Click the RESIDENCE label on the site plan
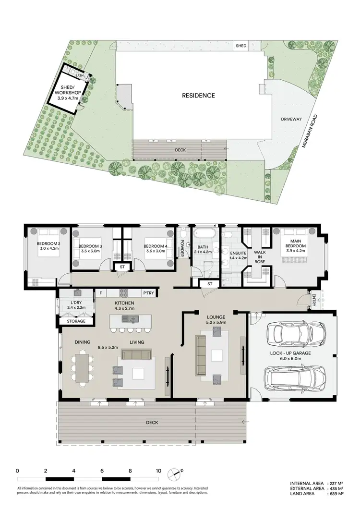coord(198,95)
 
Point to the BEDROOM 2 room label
coord(48,246)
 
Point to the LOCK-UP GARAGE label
coord(291,355)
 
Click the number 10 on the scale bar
coord(158,471)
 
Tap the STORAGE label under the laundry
coord(76,321)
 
